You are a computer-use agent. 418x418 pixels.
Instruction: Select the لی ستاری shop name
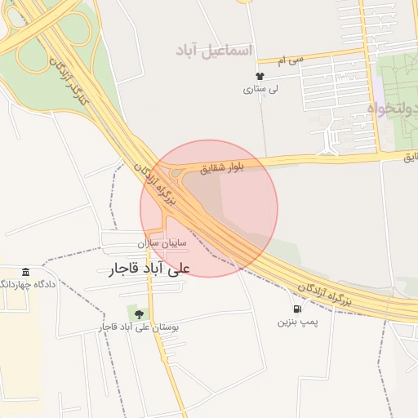pyautogui.click(x=262, y=89)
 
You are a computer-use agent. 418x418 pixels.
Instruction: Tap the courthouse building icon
pyautogui.click(x=26, y=272)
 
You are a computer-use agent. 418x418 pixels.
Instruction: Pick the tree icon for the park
pyautogui.click(x=138, y=313)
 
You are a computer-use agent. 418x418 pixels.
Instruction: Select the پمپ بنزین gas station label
pyautogui.click(x=296, y=322)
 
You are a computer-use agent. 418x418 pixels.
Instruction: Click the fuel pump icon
pyautogui.click(x=296, y=309)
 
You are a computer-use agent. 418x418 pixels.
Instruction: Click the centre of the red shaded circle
pyautogui.click(x=209, y=208)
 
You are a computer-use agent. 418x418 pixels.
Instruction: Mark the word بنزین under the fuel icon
pyautogui.click(x=285, y=322)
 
